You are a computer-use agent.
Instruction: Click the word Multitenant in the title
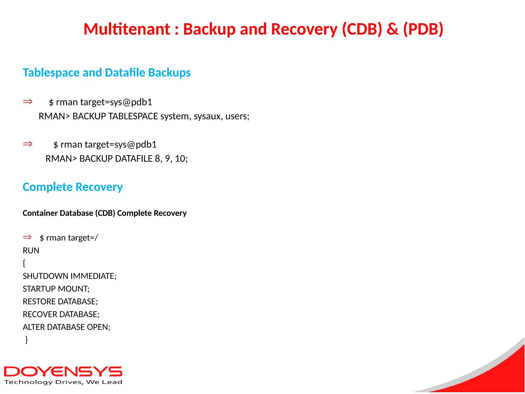127,29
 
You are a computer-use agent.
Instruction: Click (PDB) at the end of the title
423,29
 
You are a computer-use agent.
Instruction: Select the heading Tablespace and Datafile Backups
107,73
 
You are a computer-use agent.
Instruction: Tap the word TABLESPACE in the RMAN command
133,116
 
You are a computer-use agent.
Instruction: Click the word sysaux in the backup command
208,116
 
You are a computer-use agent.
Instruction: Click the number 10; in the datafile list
181,159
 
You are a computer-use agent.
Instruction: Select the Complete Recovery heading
73,187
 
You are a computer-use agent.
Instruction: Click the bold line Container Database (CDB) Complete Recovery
105,213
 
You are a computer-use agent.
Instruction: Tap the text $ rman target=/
69,238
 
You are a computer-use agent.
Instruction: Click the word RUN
31,251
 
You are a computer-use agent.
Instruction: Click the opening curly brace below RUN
24,263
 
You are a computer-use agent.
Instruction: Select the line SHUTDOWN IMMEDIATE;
69,276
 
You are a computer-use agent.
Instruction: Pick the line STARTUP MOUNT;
56,289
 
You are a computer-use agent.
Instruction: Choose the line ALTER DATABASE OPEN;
66,327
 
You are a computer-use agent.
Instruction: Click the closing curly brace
26,340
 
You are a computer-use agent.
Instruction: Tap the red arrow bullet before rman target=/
27,237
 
